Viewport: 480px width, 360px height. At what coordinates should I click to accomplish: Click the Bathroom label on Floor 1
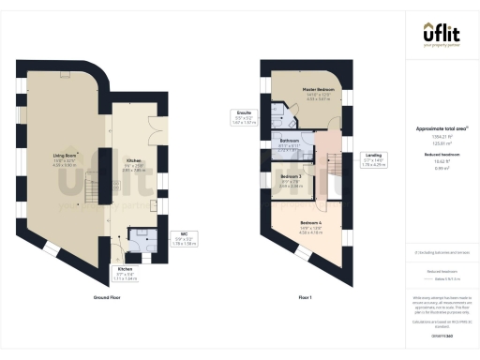coord(289,142)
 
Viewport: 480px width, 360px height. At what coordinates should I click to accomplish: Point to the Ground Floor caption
coord(108,296)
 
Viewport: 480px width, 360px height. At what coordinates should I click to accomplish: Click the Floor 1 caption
coord(305,296)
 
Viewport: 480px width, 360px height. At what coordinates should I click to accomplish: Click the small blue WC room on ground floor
coord(142,238)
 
